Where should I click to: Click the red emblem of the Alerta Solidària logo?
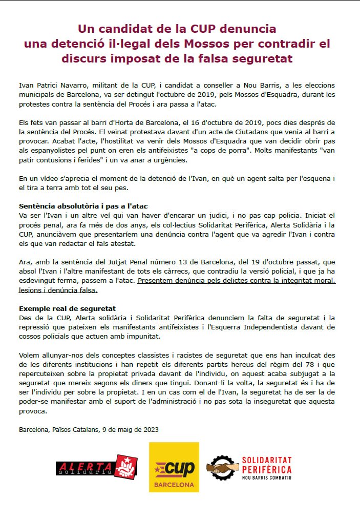[x=125, y=466]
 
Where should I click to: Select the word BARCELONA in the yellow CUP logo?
[x=174, y=484]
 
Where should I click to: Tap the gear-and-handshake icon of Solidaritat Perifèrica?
[x=222, y=467]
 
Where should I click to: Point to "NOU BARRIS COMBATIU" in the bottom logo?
[x=266, y=477]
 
